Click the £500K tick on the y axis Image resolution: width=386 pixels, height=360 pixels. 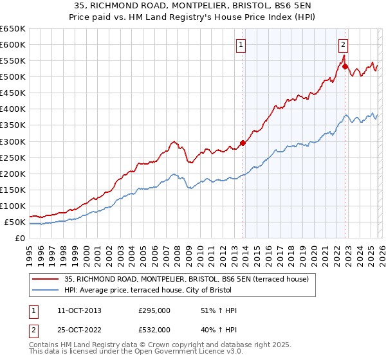12,77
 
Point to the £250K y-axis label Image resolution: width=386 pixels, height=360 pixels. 12,157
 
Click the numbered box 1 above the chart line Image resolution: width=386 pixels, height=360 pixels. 241,44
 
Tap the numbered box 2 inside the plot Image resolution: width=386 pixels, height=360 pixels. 343,44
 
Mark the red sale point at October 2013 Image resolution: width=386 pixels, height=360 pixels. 243,143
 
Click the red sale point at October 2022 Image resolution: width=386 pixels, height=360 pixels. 345,66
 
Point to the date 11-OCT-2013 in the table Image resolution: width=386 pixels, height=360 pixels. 78,310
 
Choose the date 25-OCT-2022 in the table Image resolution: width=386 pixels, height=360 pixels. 78,330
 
